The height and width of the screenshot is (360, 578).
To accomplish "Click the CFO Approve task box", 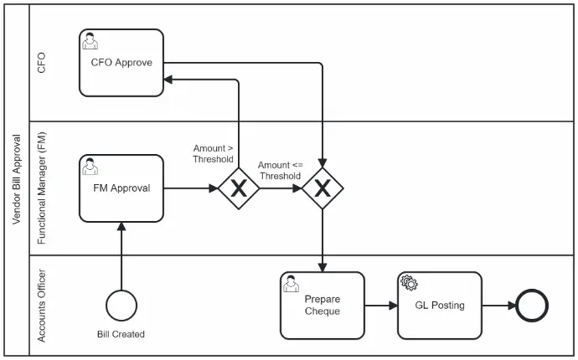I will (x=121, y=63).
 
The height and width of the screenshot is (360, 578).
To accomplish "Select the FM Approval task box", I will (x=121, y=188).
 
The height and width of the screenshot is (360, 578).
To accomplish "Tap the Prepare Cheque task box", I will (x=323, y=306).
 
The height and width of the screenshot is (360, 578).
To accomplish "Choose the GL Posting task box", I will (x=440, y=306).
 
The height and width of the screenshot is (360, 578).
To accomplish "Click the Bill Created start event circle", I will (x=121, y=306).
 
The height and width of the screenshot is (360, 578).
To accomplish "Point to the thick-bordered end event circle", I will (x=531, y=306).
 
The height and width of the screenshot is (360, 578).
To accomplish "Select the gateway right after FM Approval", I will (x=239, y=188).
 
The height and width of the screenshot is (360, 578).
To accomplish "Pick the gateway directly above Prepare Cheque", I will (x=323, y=188).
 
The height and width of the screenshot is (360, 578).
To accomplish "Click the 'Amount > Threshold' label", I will (x=213, y=154).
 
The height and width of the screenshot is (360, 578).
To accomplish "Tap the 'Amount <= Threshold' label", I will (x=280, y=171).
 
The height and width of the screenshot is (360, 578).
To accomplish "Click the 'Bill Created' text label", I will (x=121, y=335).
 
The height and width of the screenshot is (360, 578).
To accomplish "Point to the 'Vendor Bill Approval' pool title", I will (x=17, y=180).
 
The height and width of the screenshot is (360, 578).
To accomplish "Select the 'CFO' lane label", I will (x=42, y=63).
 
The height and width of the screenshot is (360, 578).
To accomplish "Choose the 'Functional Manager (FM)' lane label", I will (x=42, y=188).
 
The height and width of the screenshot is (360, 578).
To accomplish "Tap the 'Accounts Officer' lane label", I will (x=42, y=306).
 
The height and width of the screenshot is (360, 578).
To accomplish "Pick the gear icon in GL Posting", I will (x=409, y=283).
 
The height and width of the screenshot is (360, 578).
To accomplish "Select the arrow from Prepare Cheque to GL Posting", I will (x=381, y=306).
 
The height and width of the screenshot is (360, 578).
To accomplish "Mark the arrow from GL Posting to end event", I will (x=498, y=306).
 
